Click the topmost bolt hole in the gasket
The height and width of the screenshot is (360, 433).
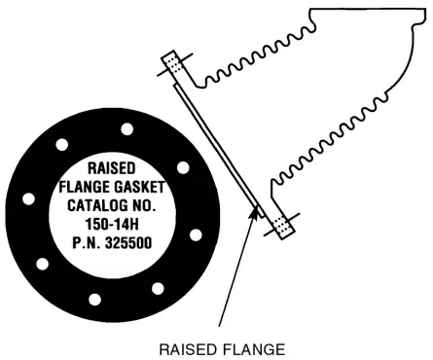[126, 129]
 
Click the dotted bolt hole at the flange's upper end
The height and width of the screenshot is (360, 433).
[170, 64]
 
